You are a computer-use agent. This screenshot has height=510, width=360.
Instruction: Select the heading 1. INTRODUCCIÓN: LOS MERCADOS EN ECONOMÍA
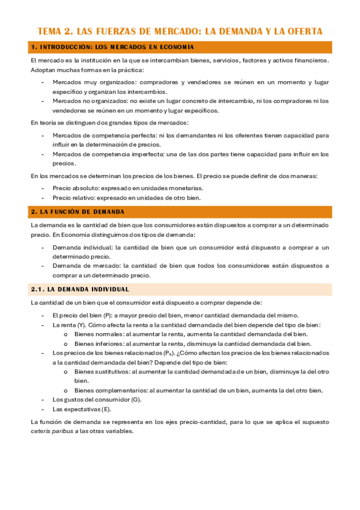coord(112,47)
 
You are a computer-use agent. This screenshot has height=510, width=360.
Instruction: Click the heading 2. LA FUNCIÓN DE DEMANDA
coord(78,212)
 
